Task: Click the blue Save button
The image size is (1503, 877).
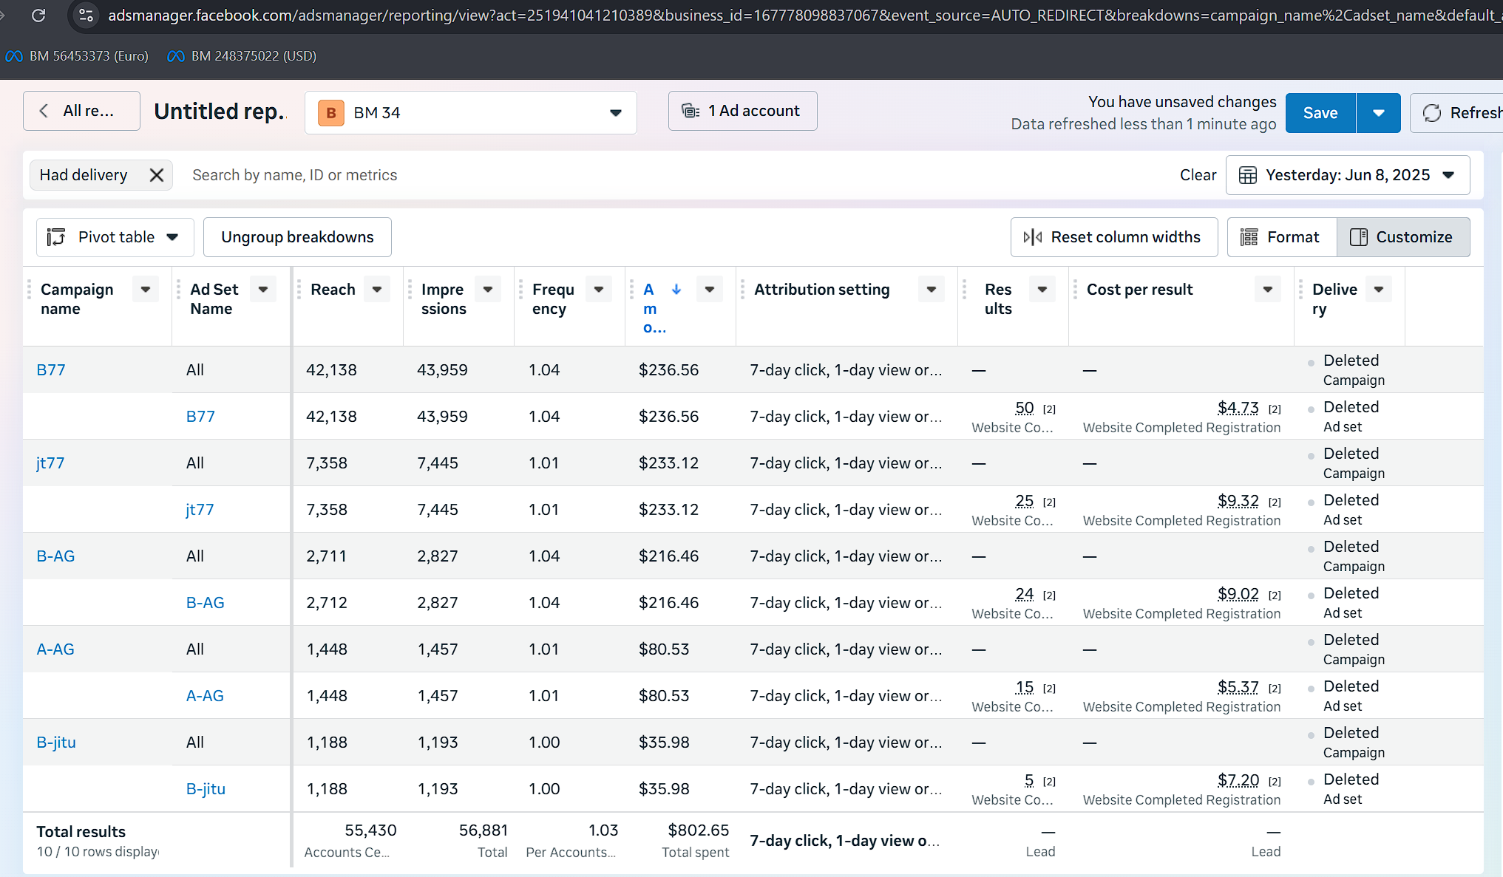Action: point(1320,113)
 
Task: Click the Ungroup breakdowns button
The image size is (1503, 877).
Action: point(297,237)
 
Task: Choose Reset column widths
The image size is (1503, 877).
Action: point(1114,237)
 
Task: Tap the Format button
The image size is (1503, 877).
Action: point(1282,237)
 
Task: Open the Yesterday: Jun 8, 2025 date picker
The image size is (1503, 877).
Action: point(1348,175)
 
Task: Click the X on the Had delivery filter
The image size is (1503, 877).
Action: point(157,175)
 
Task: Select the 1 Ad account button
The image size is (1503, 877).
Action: point(743,111)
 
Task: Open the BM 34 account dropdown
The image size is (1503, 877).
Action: point(471,113)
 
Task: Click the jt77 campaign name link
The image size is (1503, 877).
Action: point(50,463)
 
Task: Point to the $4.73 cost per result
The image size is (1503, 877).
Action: point(1238,408)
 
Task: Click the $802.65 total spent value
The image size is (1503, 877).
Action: point(699,830)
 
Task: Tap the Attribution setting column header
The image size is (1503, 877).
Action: point(822,290)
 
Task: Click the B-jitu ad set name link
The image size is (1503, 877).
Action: point(206,789)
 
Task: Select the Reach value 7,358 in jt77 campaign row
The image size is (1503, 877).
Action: point(327,463)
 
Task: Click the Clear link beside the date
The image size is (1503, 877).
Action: point(1198,175)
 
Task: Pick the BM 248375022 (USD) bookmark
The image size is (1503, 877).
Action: point(242,56)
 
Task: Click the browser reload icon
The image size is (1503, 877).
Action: point(38,15)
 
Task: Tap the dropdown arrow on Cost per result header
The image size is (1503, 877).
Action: point(1268,290)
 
